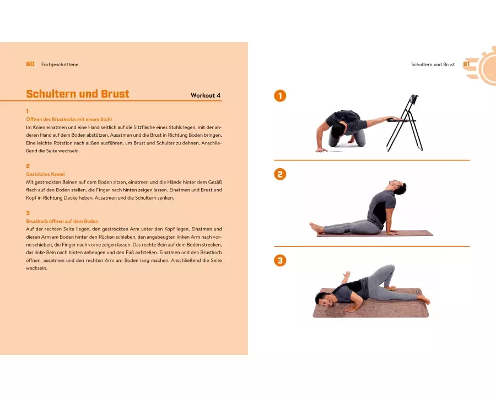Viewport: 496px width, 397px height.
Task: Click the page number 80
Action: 30,65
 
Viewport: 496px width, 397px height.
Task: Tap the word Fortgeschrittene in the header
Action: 60,65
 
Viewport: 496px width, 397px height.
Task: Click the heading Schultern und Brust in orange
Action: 78,94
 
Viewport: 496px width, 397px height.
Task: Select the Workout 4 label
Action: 206,95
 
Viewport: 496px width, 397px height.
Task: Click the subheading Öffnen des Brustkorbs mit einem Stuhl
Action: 69,119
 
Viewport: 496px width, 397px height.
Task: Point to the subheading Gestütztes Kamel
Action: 45,174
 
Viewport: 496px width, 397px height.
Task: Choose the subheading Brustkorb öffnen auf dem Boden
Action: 62,221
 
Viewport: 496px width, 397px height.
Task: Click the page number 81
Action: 466,65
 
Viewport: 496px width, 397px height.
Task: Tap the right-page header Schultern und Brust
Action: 433,65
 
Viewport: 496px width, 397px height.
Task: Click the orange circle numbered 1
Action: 280,96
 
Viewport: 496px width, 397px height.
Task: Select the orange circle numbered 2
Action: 280,174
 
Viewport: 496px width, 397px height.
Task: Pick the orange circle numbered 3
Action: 280,261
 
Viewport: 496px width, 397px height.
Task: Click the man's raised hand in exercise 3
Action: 347,276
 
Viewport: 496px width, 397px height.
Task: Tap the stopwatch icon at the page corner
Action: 484,67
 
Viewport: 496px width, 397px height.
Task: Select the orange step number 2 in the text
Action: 28,166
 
